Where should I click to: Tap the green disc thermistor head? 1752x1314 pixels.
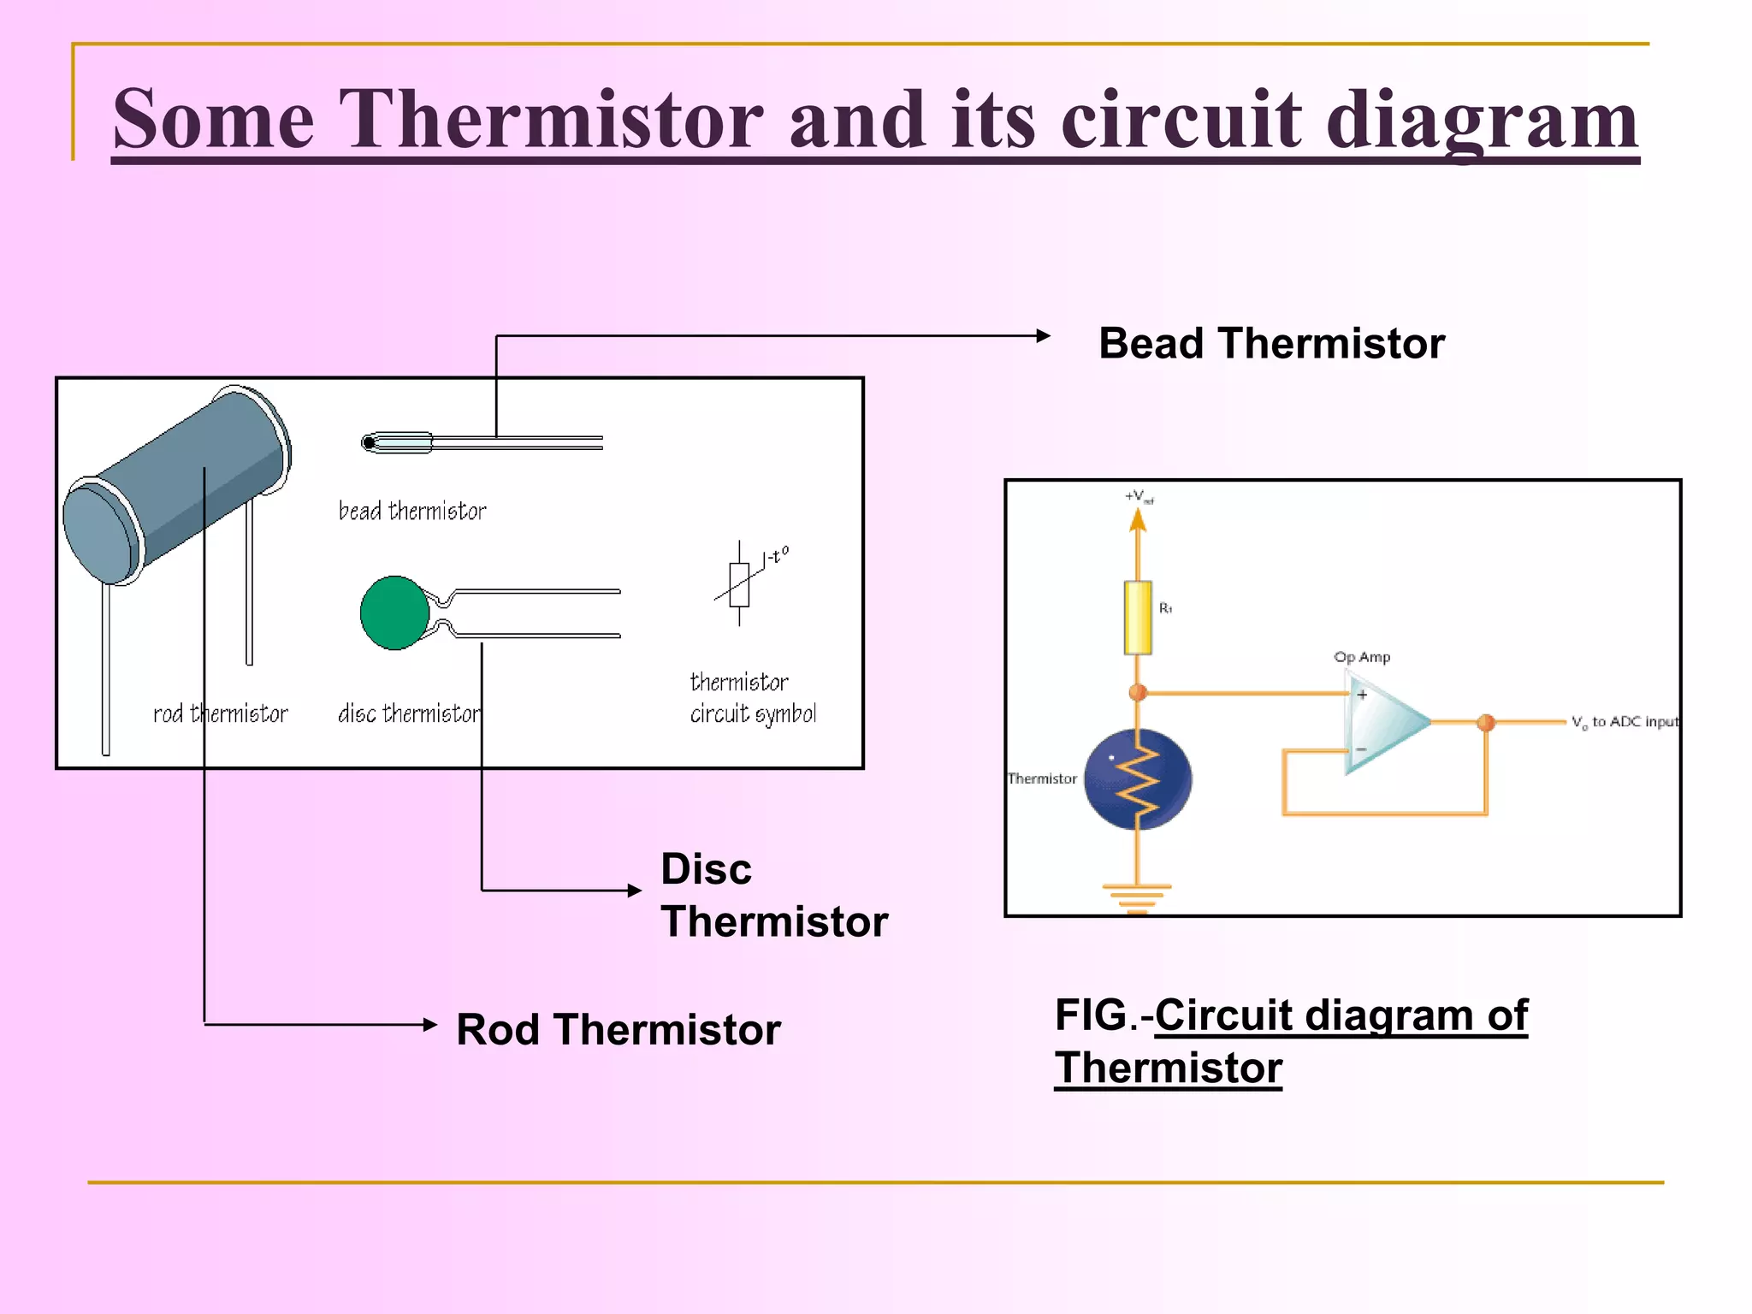[394, 613]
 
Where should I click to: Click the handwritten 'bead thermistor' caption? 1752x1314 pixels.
[412, 511]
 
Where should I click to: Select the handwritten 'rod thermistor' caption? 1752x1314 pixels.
[221, 713]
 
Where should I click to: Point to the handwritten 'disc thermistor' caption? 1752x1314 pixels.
[409, 713]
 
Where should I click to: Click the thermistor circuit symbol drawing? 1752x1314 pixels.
[740, 584]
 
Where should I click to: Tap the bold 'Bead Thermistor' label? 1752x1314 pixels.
[1271, 343]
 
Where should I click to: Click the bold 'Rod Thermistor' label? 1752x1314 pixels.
[618, 1029]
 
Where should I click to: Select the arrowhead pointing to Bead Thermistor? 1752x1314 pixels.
[1043, 336]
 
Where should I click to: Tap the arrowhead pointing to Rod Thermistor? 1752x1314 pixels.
[430, 1024]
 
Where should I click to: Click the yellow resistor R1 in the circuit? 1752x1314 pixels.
[1137, 618]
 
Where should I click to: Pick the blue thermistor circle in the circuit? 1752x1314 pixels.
[1137, 778]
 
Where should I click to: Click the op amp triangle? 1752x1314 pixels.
[1382, 723]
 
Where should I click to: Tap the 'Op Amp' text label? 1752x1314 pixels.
[1362, 657]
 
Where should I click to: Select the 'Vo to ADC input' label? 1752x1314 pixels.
[1625, 722]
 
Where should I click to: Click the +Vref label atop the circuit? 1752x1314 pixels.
[1139, 496]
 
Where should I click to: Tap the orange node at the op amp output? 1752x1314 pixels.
[1486, 723]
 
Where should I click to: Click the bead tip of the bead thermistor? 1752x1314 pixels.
[369, 442]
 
